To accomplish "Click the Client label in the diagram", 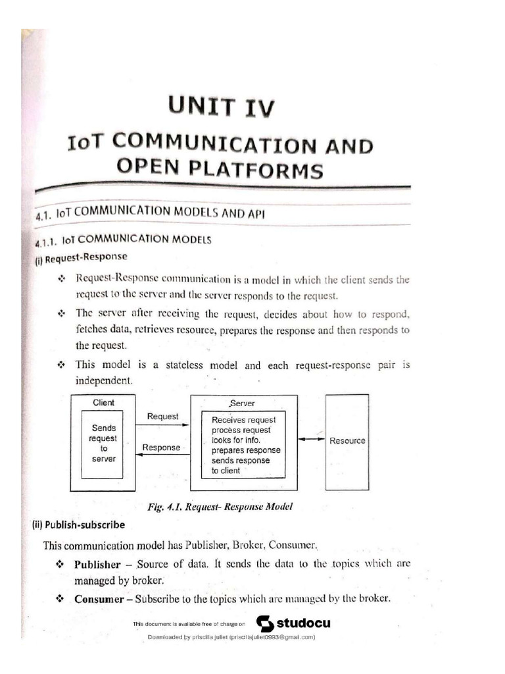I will [103, 402].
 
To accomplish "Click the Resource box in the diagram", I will [347, 440].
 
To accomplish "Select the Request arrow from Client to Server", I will [162, 425].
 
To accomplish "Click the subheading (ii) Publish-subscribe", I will [79, 525].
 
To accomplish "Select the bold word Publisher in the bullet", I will [97, 564].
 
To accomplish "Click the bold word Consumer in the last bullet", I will [101, 598].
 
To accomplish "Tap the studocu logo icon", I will [265, 623].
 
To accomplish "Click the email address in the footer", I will [270, 637].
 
